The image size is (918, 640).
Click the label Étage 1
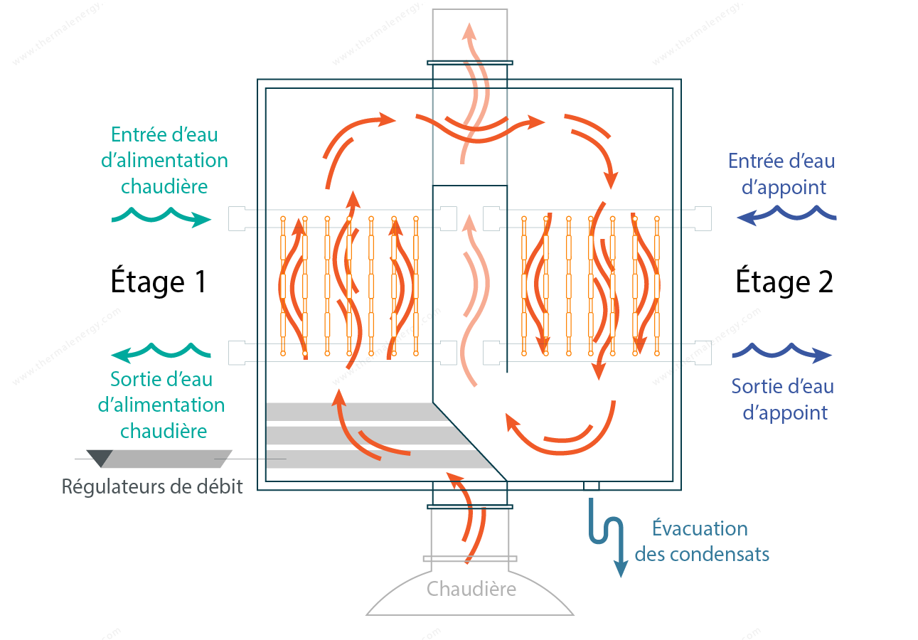(158, 282)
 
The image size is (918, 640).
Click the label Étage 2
(784, 282)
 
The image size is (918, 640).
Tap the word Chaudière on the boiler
(471, 590)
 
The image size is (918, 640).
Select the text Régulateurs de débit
(152, 487)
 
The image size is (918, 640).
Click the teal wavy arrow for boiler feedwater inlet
(161, 217)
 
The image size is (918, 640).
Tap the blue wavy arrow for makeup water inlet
(786, 215)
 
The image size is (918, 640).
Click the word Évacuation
(700, 528)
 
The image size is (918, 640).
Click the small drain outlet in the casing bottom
(592, 486)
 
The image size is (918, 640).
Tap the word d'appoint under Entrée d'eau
(784, 188)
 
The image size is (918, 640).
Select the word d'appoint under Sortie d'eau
(785, 413)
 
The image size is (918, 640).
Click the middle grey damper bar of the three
(365, 435)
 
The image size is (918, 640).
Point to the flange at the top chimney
(470, 63)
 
